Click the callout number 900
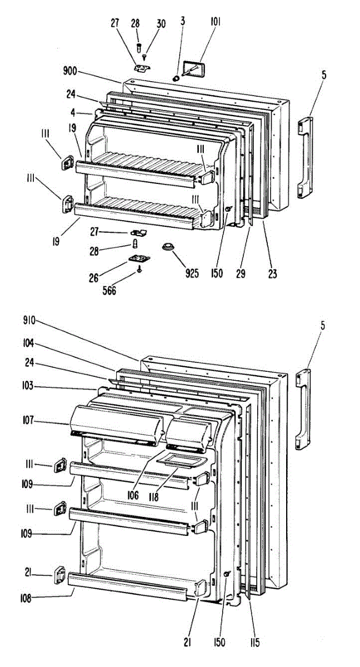click(71, 71)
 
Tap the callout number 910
click(29, 321)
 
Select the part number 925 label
click(192, 273)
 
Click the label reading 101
click(215, 22)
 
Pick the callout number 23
click(272, 273)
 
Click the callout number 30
click(161, 23)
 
